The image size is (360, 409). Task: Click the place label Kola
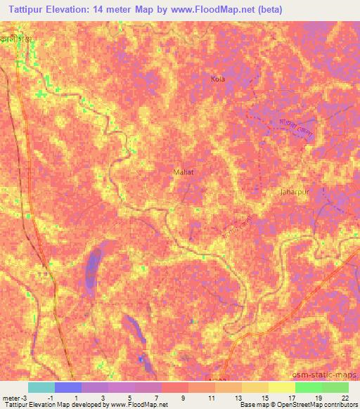click(218, 79)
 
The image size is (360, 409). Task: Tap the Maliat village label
click(183, 171)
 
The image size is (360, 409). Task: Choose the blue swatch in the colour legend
click(67, 387)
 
